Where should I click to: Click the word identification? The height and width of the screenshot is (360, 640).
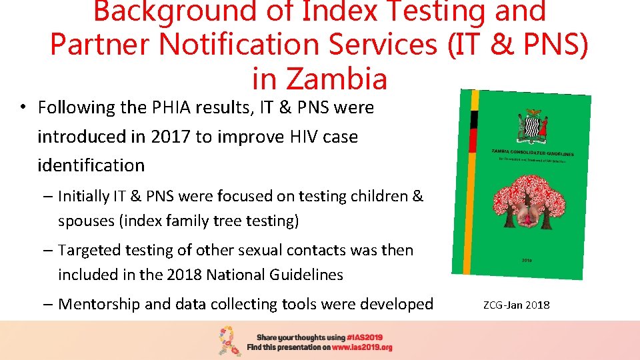[91, 165]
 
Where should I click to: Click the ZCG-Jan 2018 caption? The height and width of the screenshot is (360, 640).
[517, 305]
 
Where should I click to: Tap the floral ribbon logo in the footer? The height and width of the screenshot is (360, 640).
[230, 341]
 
